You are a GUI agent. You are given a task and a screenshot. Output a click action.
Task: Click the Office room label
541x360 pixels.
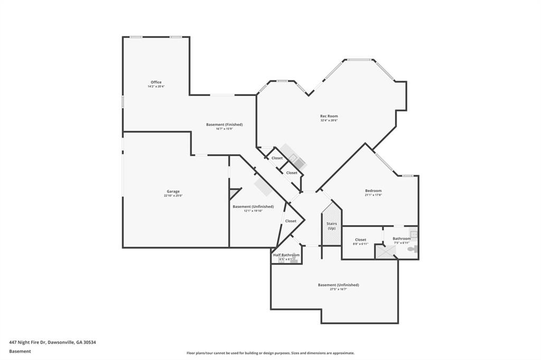[156, 82]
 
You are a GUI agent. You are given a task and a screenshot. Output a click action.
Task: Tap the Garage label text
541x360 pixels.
[173, 191]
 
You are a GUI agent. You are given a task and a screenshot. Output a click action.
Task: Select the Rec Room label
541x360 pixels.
[329, 116]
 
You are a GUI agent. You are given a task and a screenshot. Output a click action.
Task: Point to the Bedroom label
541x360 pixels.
[373, 191]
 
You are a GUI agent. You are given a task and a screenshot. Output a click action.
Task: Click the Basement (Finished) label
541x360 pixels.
[224, 125]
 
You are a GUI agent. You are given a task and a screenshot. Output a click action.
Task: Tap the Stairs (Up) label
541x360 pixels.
[331, 226]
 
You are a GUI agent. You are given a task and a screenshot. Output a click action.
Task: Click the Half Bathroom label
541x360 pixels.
[286, 255]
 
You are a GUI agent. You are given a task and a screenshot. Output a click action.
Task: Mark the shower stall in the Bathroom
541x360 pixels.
[385, 251]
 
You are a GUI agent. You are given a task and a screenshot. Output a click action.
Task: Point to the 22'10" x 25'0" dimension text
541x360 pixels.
[173, 196]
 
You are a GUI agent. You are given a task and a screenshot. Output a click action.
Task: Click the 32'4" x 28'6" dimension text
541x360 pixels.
[329, 120]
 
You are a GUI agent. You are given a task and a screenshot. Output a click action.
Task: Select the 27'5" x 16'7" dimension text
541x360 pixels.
[338, 289]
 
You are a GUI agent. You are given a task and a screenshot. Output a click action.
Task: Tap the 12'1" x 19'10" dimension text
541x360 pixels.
[253, 211]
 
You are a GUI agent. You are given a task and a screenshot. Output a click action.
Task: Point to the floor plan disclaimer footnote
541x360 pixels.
[270, 353]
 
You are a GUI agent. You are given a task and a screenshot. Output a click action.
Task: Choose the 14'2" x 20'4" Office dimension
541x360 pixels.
[156, 87]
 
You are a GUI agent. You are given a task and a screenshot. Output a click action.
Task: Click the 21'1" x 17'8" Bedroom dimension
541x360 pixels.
[373, 195]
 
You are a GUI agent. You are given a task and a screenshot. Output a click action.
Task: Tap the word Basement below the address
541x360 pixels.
[20, 351]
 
